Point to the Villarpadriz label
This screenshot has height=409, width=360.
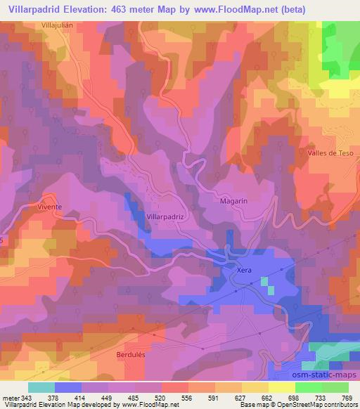pyautogui.click(x=165, y=217)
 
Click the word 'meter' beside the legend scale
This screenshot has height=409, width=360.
pyautogui.click(x=9, y=397)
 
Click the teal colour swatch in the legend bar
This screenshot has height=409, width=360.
pyautogui.click(x=41, y=387)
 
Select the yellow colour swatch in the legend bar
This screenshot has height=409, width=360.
pyautogui.click(x=281, y=387)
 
